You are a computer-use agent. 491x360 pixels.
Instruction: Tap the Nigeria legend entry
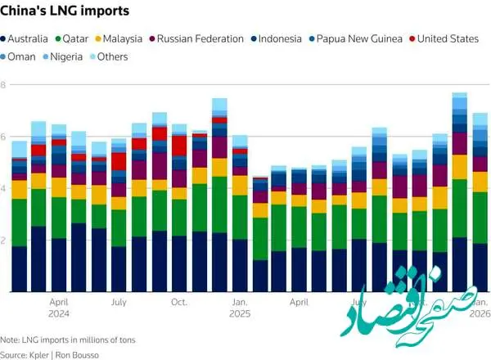[68, 57]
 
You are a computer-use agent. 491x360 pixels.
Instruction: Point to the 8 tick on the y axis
[3, 85]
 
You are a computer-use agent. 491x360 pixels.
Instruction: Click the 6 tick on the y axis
[3, 137]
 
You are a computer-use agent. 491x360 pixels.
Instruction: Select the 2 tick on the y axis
[3, 241]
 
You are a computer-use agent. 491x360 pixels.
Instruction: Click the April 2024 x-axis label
[60, 306]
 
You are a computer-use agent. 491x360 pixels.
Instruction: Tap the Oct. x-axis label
[179, 301]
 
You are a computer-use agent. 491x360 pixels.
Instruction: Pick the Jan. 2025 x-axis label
[239, 306]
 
